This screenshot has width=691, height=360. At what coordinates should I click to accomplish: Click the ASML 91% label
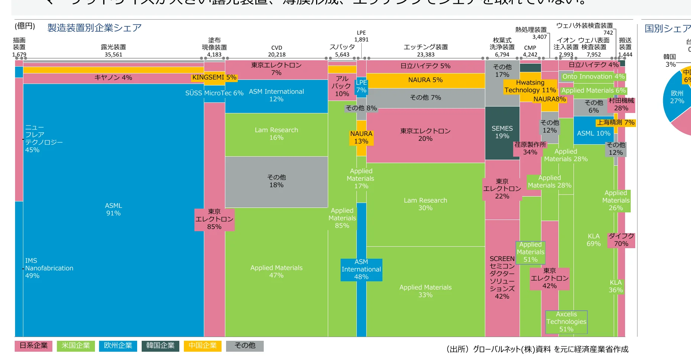113,209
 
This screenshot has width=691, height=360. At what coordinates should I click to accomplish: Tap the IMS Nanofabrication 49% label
49,268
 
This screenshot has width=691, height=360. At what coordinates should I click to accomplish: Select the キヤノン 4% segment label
113,78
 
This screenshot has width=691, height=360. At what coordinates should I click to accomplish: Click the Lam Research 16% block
276,134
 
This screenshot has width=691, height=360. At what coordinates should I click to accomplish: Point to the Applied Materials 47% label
276,272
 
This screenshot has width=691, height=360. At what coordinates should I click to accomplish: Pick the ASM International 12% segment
276,95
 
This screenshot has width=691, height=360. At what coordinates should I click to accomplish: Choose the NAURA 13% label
361,137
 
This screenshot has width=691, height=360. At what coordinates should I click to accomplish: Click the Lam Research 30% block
425,204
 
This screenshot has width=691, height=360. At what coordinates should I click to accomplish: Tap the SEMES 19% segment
502,132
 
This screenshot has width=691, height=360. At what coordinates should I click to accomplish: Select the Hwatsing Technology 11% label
530,86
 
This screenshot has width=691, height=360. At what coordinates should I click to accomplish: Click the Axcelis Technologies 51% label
566,322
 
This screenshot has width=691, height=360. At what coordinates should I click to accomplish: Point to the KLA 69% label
593,240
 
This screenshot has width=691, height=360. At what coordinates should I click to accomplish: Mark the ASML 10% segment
593,133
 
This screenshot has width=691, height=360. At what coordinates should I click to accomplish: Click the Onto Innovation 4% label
593,76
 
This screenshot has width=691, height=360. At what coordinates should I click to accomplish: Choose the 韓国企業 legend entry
160,346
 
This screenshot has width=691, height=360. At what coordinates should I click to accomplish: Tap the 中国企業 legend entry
202,346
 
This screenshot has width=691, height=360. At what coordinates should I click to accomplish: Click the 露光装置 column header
113,47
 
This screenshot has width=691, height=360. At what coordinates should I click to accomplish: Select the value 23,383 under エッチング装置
426,55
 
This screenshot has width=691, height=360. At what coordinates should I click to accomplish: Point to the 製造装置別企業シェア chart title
95,28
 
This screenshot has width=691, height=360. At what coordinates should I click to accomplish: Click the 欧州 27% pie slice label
677,97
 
